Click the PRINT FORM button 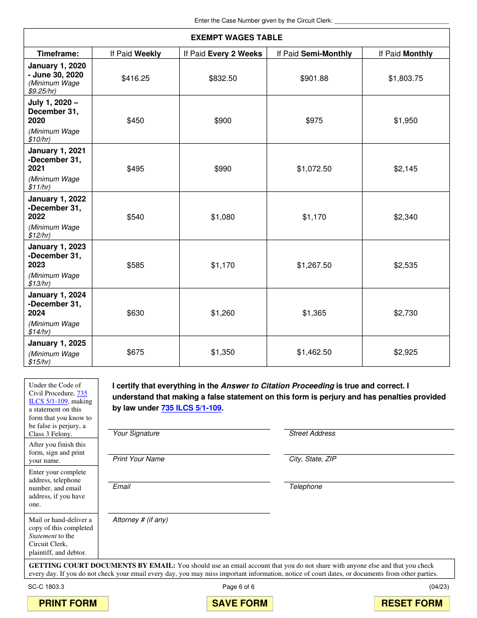[68, 603]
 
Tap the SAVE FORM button [240, 603]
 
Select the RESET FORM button [412, 603]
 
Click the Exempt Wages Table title [236, 38]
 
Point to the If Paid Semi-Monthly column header [314, 54]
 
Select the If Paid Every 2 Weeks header [223, 54]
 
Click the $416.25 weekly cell [136, 78]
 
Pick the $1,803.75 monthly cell [405, 78]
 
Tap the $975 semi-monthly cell [314, 121]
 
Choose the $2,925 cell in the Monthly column [405, 352]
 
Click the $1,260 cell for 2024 [223, 313]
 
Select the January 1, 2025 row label [57, 343]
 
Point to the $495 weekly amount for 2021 [136, 169]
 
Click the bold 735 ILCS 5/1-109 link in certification [191, 408]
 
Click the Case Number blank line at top [391, 21]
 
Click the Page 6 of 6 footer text [238, 587]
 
